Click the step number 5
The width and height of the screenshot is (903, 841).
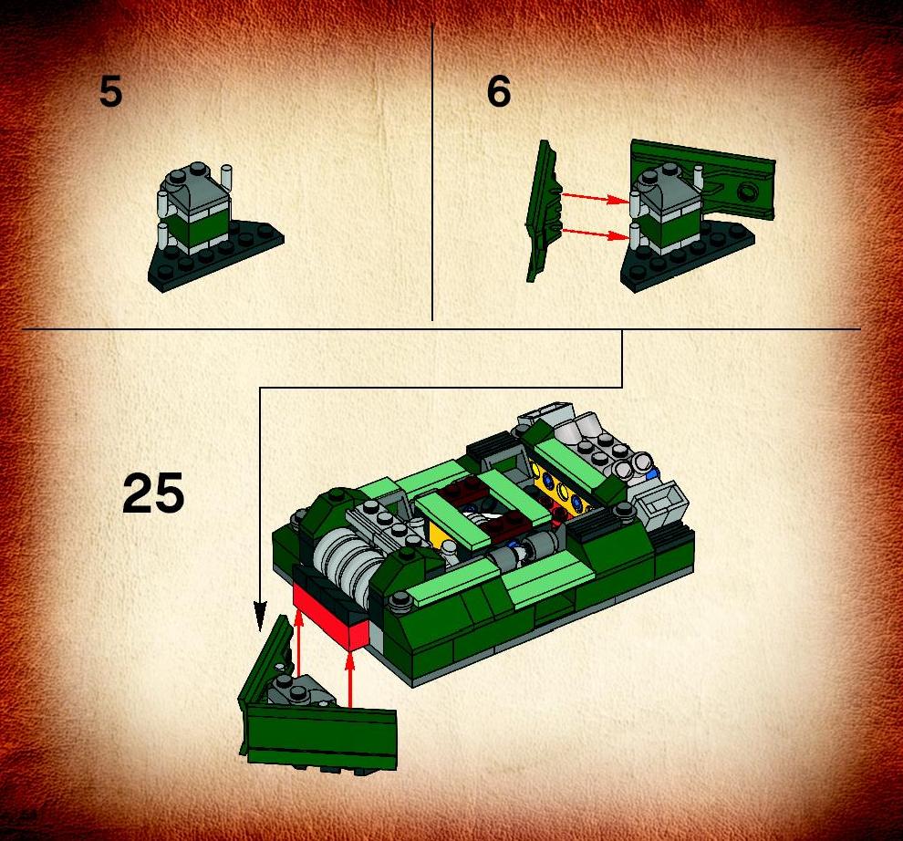110,92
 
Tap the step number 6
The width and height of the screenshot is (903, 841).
499,92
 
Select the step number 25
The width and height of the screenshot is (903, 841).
153,493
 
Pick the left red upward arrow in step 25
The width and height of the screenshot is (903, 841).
298,643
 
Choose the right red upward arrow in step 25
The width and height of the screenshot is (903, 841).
349,678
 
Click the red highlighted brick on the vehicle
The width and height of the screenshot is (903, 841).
329,617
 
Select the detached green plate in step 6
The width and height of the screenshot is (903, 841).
542,211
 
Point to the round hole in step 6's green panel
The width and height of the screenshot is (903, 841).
748,191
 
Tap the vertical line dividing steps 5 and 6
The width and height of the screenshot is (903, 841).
432,171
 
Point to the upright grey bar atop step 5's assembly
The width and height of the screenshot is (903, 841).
226,178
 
